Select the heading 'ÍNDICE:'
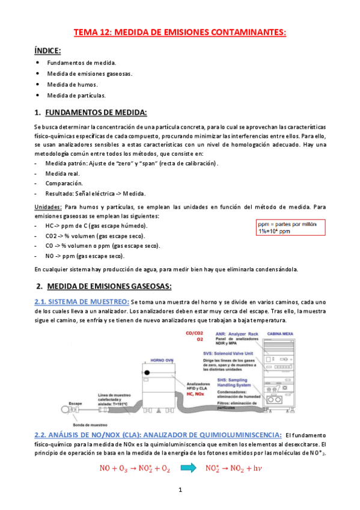[47, 51]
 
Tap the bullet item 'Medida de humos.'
[72, 84]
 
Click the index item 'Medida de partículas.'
[76, 95]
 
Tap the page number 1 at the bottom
[180, 491]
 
